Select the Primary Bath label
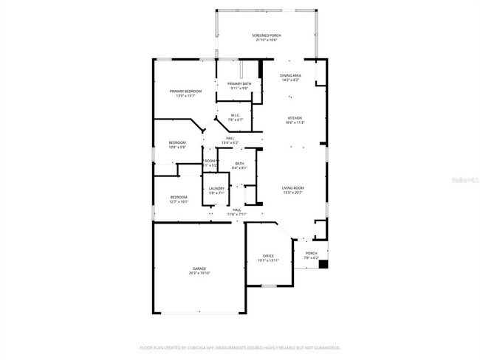pos(239,84)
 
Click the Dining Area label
pos(290,76)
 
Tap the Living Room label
pos(293,188)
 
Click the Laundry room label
pos(216,189)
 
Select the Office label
pos(268,256)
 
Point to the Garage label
pos(199,269)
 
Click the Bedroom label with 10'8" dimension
pos(177,142)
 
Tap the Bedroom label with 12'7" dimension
pos(179,197)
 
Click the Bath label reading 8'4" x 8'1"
pos(239,165)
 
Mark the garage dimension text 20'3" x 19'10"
pos(199,273)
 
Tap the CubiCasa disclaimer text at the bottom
pos(240,347)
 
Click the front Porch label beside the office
pos(312,253)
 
